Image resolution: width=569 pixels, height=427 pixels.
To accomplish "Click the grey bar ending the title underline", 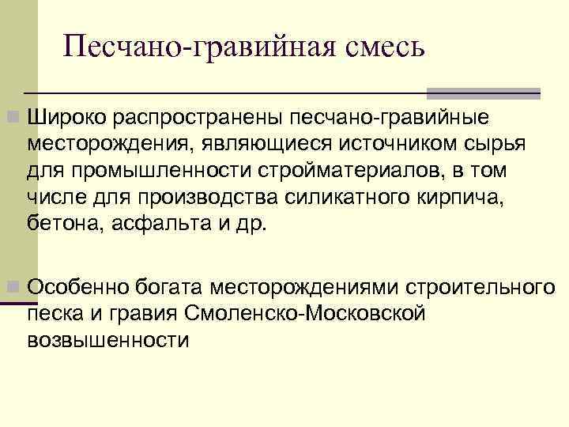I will point(483,93).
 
